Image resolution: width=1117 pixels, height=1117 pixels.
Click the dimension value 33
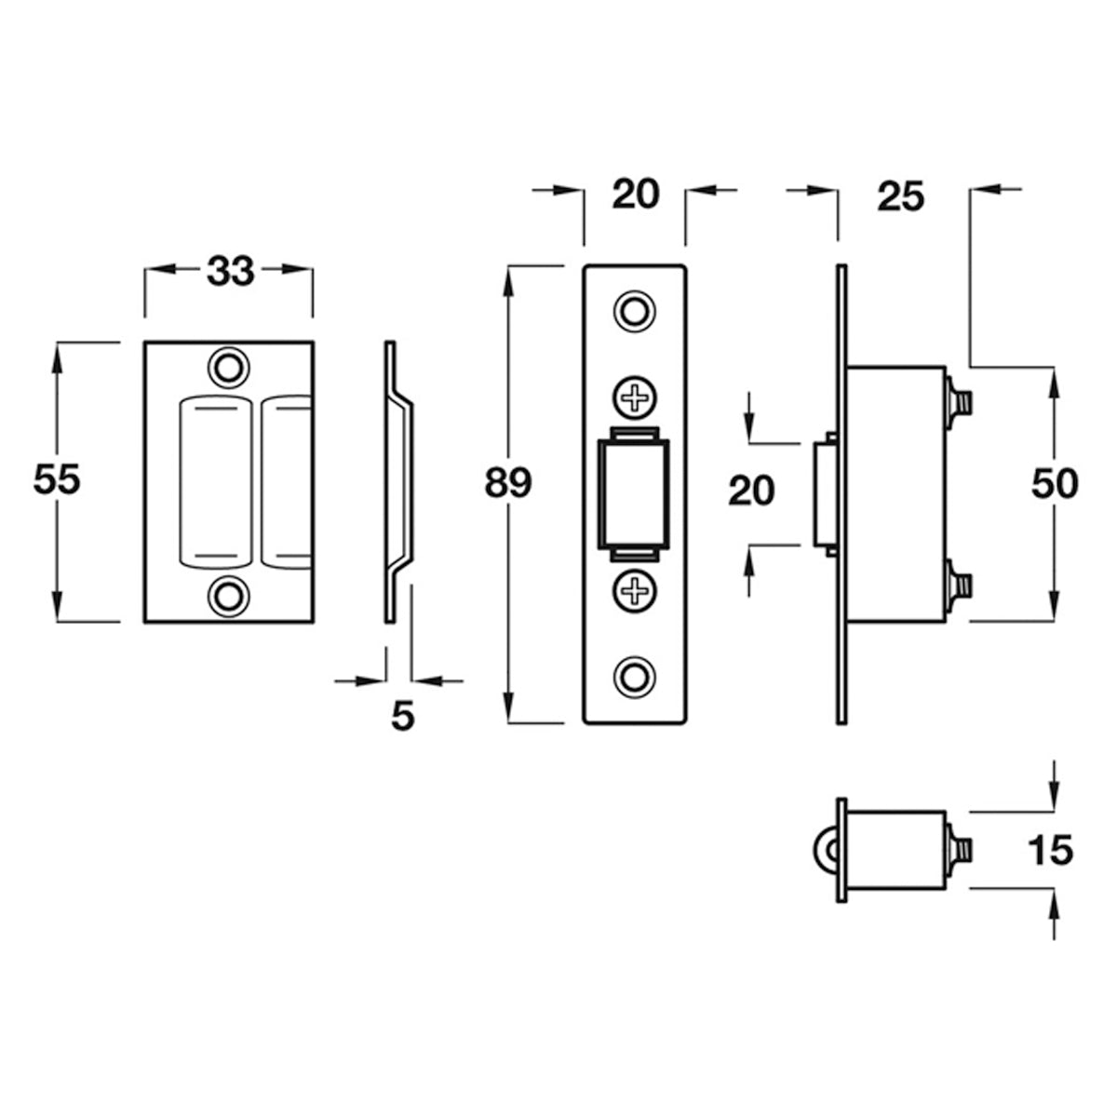point(230,272)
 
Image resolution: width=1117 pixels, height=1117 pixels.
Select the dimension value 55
point(57,480)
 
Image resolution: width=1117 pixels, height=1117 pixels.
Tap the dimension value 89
point(507,484)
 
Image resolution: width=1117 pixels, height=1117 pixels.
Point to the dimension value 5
point(401,716)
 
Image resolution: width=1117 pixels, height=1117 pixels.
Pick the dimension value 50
point(1055,484)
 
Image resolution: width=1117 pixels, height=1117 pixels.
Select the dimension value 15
point(1051,849)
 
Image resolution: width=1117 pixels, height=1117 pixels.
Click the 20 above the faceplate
point(635,195)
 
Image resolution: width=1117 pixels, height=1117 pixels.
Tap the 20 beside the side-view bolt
point(751,491)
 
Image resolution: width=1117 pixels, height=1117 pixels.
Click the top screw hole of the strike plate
point(227,365)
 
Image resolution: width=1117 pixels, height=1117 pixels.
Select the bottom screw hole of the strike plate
point(227,595)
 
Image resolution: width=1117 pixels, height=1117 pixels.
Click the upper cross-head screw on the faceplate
point(635,398)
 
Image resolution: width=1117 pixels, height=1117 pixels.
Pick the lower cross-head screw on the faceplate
point(635,588)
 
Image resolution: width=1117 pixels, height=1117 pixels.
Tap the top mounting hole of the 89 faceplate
point(635,311)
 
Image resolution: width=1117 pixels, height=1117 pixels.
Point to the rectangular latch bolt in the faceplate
point(635,493)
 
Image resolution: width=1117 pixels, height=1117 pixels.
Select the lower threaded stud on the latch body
point(962,585)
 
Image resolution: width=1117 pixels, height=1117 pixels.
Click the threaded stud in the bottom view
point(962,849)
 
